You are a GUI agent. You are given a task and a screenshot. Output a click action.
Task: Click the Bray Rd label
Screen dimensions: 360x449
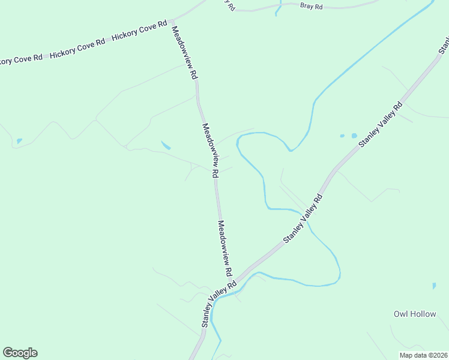pyautogui.click(x=312, y=7)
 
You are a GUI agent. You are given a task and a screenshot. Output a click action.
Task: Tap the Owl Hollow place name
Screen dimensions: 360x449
pyautogui.click(x=415, y=314)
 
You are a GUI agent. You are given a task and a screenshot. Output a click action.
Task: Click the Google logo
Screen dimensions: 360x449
pyautogui.click(x=20, y=353)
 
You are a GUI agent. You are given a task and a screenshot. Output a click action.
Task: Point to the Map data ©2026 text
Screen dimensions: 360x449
pyautogui.click(x=423, y=355)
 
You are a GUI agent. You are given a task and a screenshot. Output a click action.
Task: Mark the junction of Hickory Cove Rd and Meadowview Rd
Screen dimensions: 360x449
pyautogui.click(x=172, y=20)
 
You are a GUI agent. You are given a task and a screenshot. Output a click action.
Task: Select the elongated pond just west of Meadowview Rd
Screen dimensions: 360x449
pyautogui.click(x=166, y=145)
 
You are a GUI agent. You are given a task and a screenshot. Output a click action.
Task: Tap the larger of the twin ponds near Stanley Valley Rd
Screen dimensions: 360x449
pyautogui.click(x=354, y=136)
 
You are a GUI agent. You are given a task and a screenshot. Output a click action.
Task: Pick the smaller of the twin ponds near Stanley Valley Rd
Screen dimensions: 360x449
pyautogui.click(x=342, y=136)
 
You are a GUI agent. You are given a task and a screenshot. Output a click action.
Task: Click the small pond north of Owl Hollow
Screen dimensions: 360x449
pyautogui.click(x=433, y=286)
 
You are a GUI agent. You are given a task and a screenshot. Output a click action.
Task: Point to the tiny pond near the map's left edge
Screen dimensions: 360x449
pyautogui.click(x=20, y=141)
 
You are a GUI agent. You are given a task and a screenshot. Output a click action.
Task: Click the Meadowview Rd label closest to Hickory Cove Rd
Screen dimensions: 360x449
pyautogui.click(x=184, y=53)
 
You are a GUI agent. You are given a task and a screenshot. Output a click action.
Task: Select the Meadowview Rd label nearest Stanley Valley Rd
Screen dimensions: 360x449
pyautogui.click(x=225, y=248)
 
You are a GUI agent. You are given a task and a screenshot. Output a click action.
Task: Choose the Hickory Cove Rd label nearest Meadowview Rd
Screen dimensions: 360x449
pyautogui.click(x=139, y=31)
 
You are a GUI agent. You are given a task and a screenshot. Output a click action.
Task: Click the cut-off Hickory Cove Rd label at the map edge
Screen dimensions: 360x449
pyautogui.click(x=21, y=60)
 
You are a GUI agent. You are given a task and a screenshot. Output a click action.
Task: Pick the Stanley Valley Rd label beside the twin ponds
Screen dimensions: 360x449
pyautogui.click(x=381, y=125)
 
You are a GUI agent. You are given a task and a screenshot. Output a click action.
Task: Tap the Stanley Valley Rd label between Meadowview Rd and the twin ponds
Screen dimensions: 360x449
pyautogui.click(x=303, y=218)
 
